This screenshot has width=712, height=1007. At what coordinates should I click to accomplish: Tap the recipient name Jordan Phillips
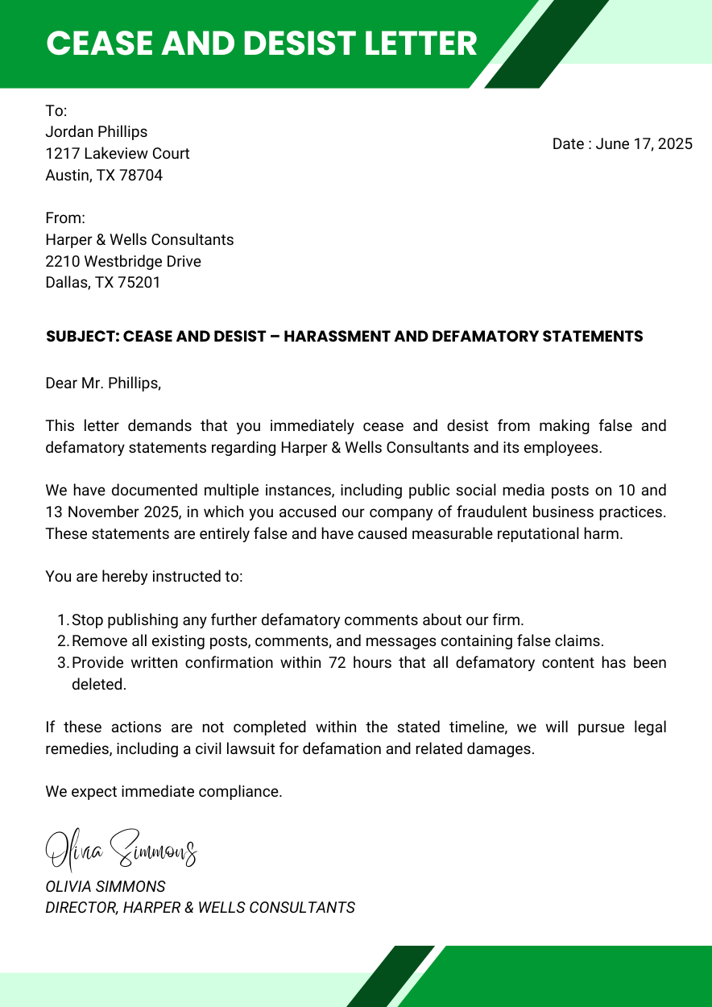pos(97,132)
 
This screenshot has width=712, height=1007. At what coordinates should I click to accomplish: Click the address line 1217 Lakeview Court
pos(118,154)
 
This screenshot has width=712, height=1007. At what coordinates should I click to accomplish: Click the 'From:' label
pos(65,218)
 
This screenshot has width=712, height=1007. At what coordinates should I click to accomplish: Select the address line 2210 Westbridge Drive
pos(123,262)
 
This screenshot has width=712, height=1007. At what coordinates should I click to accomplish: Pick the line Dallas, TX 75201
pos(103,283)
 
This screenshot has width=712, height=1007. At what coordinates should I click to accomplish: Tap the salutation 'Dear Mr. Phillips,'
pos(103,383)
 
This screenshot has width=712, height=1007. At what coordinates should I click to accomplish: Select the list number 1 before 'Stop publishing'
pos(63,620)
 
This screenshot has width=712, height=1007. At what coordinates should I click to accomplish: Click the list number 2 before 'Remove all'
pos(63,642)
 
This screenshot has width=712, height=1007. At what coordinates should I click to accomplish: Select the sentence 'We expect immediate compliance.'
pos(164,792)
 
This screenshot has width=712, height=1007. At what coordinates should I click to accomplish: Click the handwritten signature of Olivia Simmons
pos(121,848)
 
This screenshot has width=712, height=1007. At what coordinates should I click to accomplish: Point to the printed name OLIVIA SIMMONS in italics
pos(106,887)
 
